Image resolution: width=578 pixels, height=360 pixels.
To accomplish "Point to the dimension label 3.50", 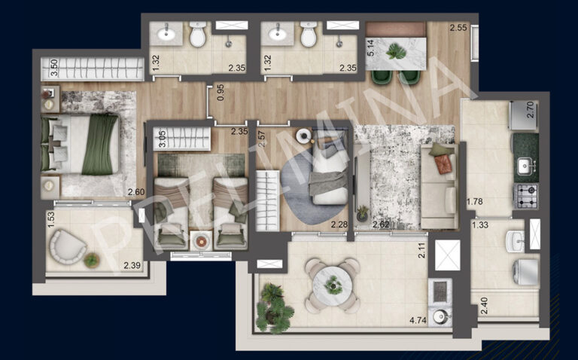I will coord(53,68).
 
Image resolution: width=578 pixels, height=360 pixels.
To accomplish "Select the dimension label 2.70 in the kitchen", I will coord(530,112).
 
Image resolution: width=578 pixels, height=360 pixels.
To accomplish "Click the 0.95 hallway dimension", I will coord(219,93).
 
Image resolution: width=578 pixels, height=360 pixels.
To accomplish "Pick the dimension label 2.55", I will coord(458,29).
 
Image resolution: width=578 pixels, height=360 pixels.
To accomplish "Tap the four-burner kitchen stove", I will coord(525,195).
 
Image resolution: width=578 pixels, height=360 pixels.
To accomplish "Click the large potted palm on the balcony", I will coord(273,307).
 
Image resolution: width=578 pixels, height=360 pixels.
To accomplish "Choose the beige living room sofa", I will coord(439,188).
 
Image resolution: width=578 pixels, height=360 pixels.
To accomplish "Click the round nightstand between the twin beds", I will coord(200,240).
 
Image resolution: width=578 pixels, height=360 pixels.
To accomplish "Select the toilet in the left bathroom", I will coord(198,34).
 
